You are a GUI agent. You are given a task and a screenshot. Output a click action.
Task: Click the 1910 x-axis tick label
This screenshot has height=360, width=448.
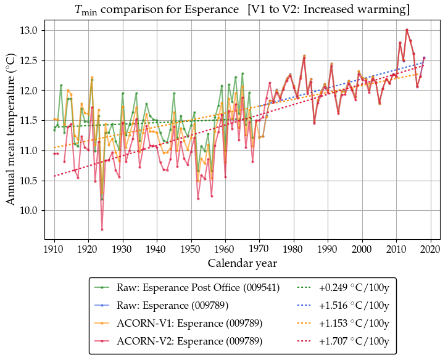tap(54, 249)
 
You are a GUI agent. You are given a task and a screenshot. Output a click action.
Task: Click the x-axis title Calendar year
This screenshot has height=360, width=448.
tap(242, 263)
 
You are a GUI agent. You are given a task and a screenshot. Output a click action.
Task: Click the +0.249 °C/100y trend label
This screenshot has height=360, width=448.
tap(354, 288)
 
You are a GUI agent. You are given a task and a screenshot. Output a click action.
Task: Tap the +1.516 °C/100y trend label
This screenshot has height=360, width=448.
tap(354, 306)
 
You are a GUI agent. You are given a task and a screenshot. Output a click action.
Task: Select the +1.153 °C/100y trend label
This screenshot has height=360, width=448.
tap(354, 324)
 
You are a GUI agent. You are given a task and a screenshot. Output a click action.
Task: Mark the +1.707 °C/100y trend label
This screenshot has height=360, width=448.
tap(354, 341)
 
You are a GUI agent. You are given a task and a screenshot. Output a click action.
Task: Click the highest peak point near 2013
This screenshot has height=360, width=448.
tap(407, 30)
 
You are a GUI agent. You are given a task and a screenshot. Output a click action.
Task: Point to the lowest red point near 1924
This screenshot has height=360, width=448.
tap(102, 229)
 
